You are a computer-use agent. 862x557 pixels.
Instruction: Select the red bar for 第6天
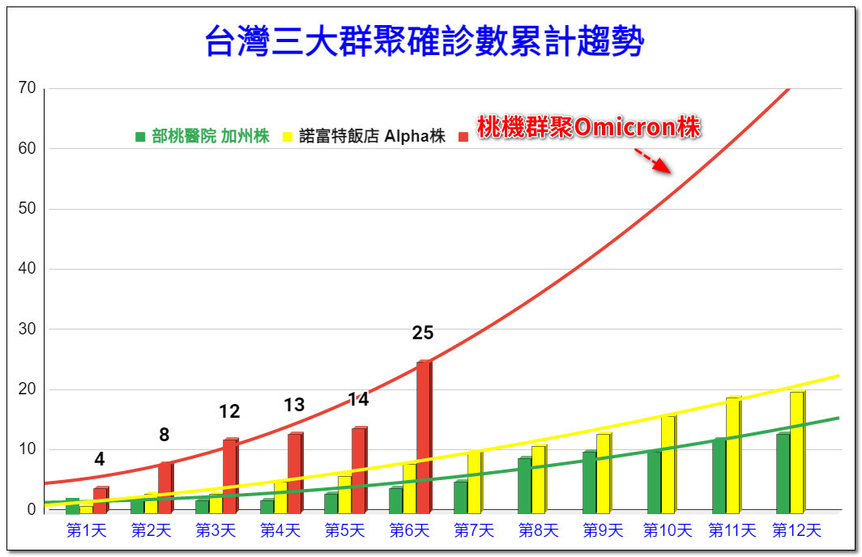coord(424,437)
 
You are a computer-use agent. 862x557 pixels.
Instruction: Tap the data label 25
coord(423,333)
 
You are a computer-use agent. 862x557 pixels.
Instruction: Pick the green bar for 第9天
coord(589,482)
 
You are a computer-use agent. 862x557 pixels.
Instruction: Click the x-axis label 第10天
coord(668,531)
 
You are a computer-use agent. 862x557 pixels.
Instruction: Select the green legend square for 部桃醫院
coord(140,137)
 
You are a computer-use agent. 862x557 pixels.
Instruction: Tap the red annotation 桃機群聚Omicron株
coord(588,128)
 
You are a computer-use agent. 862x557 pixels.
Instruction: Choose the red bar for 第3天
coord(230,476)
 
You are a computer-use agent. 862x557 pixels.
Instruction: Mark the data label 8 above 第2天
coord(164,436)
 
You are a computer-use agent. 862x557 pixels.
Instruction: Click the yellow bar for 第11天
coord(732,455)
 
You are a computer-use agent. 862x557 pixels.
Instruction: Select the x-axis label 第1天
coord(86,531)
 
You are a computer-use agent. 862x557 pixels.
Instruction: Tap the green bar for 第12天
coord(783,474)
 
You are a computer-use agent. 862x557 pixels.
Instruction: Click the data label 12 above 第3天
coord(229,412)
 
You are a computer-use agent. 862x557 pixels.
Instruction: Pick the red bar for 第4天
coord(294,473)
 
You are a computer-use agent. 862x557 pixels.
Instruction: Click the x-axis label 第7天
coord(474,531)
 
